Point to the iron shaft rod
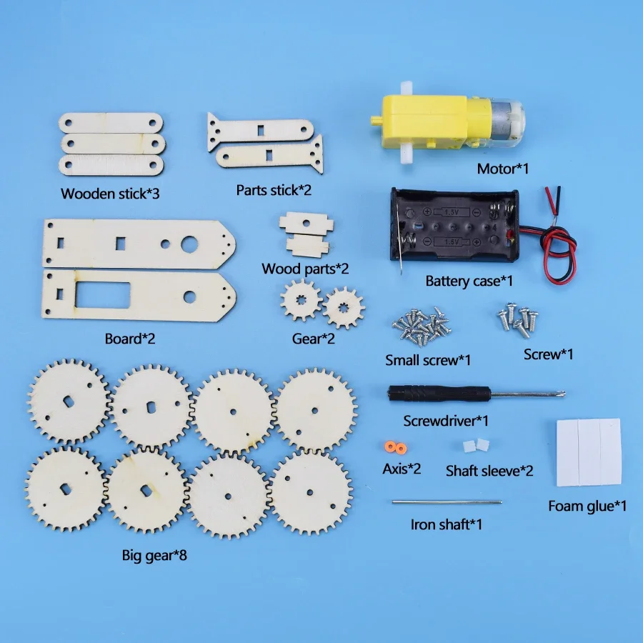click(x=447, y=502)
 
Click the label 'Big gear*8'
click(x=154, y=554)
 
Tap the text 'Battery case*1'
click(x=469, y=281)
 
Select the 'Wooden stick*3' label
click(x=110, y=194)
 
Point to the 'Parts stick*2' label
click(x=274, y=191)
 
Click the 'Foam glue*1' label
click(x=587, y=506)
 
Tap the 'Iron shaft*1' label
click(x=447, y=524)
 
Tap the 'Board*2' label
click(x=130, y=338)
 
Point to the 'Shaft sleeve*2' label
click(x=489, y=471)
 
